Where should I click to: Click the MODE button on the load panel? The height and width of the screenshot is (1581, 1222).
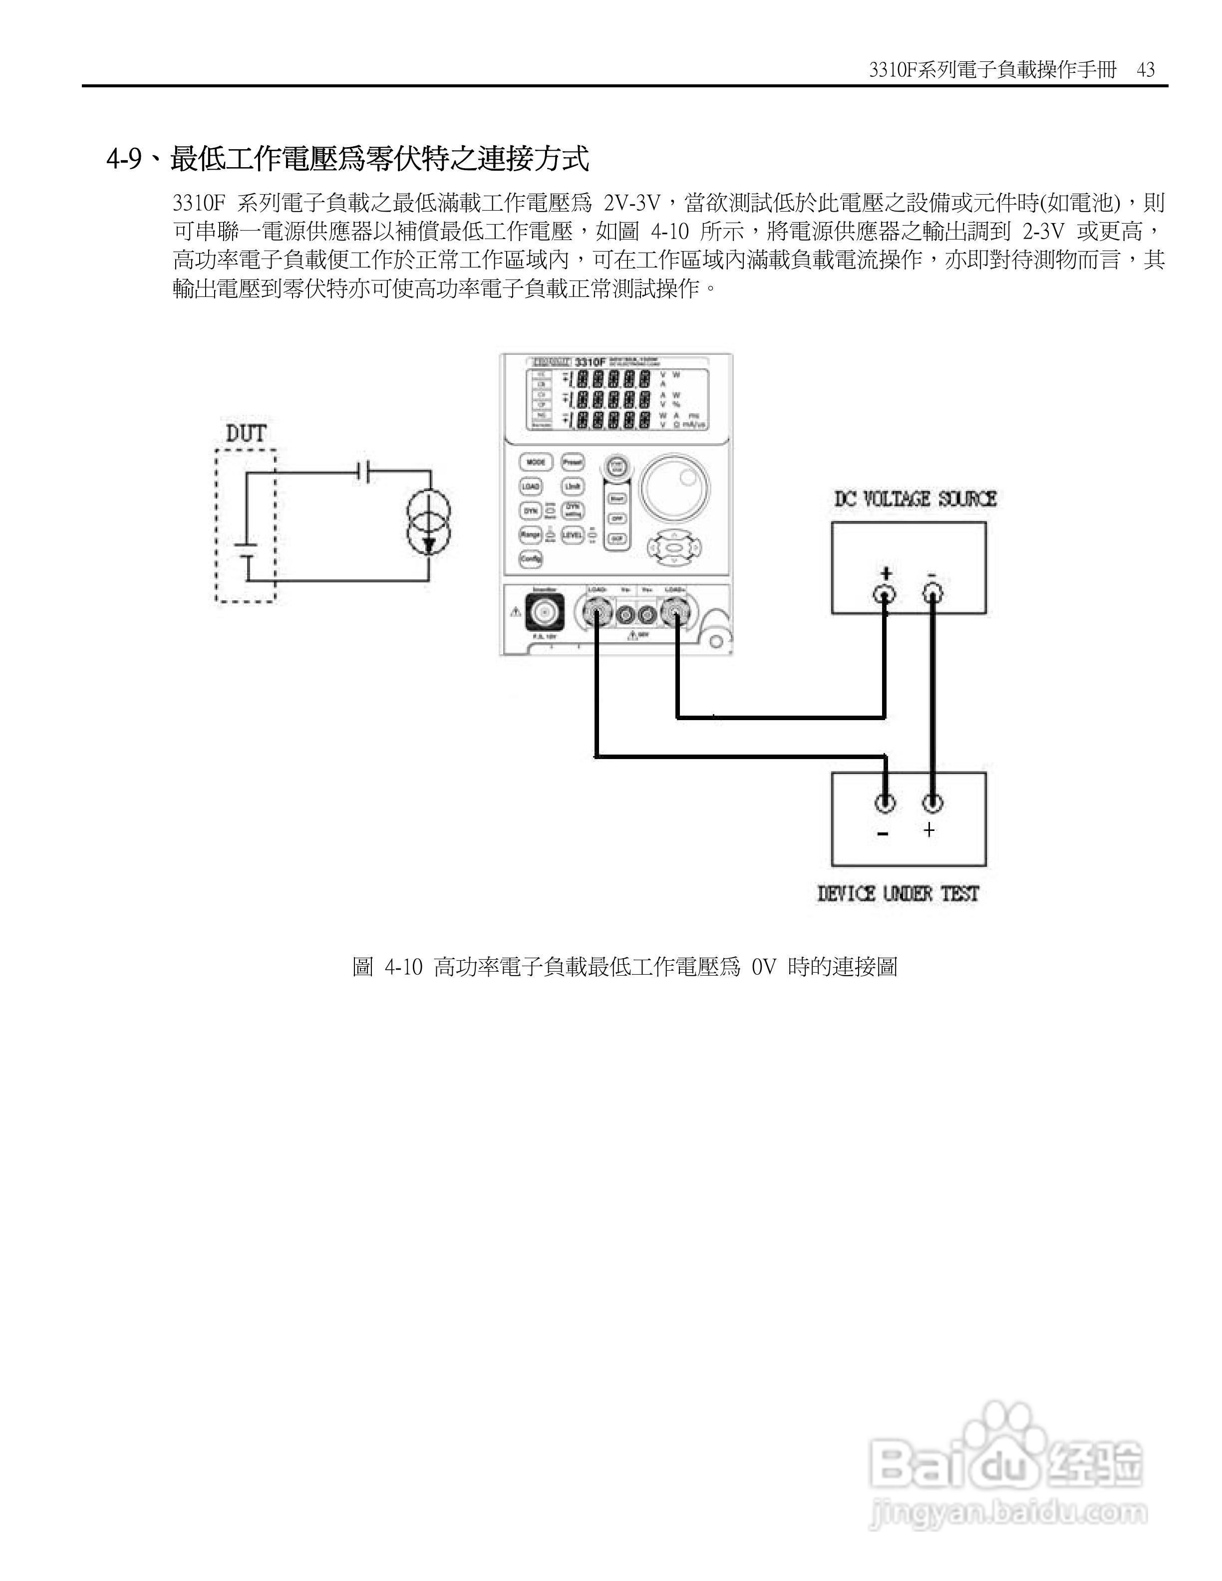click(536, 462)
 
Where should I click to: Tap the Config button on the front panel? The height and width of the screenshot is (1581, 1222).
click(531, 559)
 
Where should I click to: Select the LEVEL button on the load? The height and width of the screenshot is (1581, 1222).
click(572, 535)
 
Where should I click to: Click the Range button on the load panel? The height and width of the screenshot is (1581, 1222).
click(531, 535)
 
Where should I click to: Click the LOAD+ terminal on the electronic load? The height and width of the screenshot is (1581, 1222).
click(675, 615)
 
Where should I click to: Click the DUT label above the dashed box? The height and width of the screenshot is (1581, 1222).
click(246, 434)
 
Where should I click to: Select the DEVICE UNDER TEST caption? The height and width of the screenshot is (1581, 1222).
click(898, 894)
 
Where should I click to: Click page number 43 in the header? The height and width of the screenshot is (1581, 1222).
click(1146, 70)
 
